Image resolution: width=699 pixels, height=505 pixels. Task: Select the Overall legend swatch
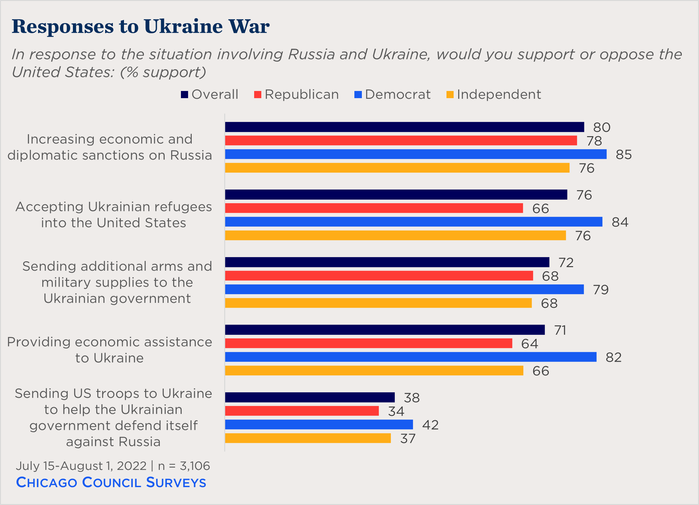coord(185,95)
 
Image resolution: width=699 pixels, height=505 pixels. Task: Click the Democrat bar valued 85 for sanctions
coord(416,154)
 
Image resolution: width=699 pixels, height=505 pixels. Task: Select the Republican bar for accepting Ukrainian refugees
coord(374,208)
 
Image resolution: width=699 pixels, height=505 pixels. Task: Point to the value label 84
coord(620,222)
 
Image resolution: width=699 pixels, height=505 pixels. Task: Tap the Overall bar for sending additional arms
coord(387,262)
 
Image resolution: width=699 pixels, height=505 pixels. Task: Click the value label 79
coord(601,290)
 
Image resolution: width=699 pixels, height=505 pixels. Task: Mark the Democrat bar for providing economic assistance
coord(411,357)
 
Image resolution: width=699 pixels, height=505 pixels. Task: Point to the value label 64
coord(529,344)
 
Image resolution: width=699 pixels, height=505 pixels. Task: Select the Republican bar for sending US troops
coord(302,411)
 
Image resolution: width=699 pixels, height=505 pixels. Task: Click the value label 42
coord(430,425)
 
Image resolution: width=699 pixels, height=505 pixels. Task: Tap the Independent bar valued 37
coord(308,438)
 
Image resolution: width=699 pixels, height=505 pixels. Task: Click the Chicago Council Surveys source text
coord(111,483)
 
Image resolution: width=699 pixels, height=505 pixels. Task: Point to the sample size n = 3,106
coord(184,466)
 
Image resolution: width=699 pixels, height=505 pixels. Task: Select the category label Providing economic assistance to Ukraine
coord(110,350)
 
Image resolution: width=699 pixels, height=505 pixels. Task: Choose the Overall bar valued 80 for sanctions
coord(404,127)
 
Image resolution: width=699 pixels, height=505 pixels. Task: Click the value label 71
coord(560,330)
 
